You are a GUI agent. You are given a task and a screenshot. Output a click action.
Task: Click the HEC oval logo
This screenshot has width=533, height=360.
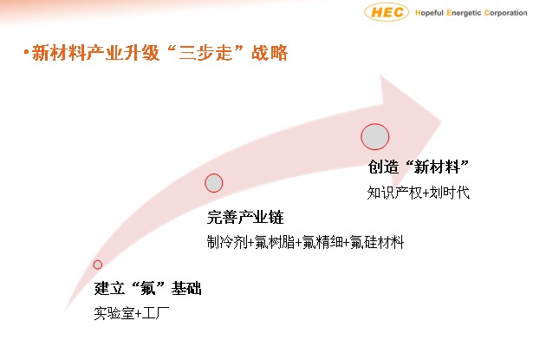coord(387,12)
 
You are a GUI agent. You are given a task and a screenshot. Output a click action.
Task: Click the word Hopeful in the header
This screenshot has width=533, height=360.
coord(429,13)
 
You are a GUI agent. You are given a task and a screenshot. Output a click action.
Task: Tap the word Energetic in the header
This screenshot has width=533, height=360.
coord(464,13)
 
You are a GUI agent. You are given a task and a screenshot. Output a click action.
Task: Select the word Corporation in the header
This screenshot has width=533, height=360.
coord(505,13)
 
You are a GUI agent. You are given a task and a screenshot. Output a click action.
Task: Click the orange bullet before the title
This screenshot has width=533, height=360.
coord(26,52)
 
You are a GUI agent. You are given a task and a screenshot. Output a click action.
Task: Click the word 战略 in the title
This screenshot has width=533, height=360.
coord(270,53)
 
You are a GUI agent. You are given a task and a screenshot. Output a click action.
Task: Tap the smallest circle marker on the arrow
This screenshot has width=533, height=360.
coord(98,265)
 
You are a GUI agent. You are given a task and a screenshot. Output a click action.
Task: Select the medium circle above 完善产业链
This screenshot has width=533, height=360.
coord(214,183)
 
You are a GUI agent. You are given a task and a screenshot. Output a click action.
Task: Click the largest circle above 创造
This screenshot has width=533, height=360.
coord(375,136)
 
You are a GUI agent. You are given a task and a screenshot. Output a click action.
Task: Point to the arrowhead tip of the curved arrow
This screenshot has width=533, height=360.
coord(441,121)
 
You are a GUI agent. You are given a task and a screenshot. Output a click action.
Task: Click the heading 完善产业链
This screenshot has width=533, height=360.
coord(245,217)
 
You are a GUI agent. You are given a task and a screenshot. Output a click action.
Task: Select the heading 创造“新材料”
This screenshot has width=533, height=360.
coord(419,167)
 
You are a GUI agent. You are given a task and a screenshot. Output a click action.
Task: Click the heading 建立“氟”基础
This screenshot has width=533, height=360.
coord(147,288)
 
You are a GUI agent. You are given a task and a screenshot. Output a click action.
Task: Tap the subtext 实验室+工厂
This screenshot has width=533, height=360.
coord(131,313)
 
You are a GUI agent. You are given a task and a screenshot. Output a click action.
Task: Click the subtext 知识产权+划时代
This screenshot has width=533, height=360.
coord(418,193)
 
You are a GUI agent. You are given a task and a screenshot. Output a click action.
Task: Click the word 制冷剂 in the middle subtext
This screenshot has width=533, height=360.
coord(227,242)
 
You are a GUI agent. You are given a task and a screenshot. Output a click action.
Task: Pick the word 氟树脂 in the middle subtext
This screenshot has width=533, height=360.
coord(275,242)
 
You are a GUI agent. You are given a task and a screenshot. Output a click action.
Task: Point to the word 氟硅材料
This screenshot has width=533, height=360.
coord(377,242)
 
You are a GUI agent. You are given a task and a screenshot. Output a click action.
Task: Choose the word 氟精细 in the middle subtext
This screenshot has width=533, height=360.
coord(322,242)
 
